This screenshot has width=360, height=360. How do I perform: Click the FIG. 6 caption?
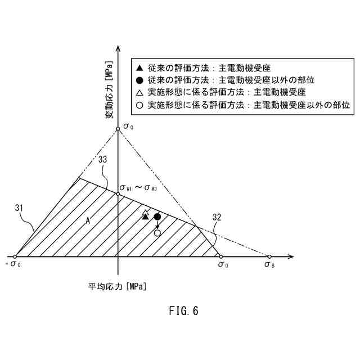(183, 310)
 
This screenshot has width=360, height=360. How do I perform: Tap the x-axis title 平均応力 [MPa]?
(118, 286)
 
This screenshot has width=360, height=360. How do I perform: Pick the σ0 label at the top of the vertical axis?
(128, 128)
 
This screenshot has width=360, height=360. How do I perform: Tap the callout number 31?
(19, 209)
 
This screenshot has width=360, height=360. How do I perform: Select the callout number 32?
(217, 217)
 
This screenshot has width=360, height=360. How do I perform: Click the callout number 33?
(102, 160)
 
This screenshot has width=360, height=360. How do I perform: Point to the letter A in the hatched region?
(88, 222)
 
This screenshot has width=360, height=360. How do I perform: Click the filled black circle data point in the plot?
(157, 217)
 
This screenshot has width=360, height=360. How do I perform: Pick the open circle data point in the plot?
(157, 232)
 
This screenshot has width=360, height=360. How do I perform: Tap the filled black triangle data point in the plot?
(146, 217)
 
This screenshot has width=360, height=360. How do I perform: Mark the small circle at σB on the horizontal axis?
(269, 256)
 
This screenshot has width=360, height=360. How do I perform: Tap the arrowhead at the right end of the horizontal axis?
(291, 256)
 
